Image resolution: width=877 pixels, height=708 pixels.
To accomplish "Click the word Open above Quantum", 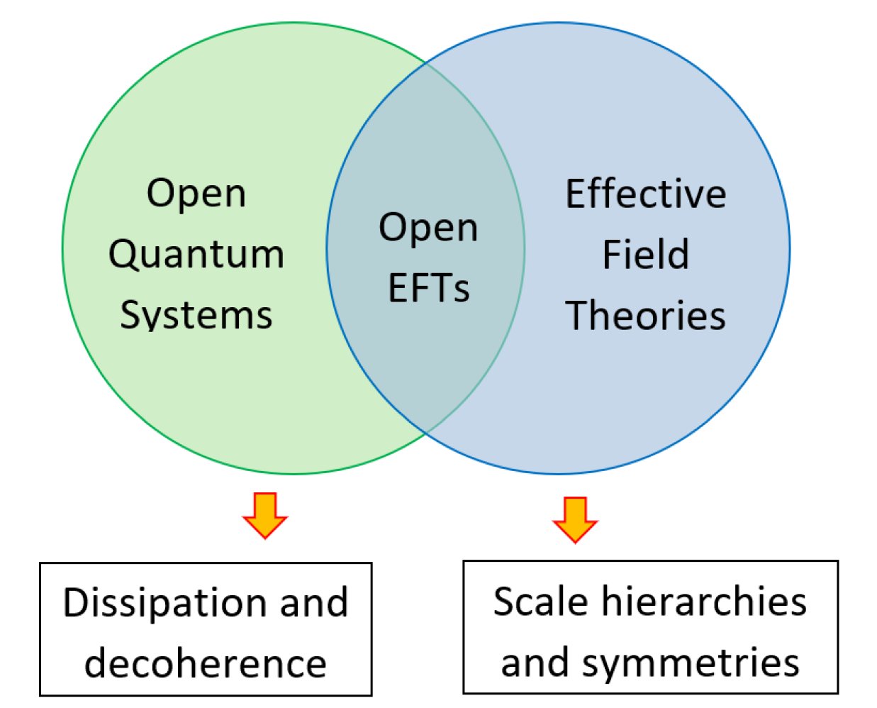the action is point(196,194).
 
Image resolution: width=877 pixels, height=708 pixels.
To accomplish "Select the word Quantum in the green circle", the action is point(196,255).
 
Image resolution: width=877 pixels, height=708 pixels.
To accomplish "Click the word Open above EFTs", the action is point(428,229).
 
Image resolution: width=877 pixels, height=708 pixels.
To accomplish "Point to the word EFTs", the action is point(429,288).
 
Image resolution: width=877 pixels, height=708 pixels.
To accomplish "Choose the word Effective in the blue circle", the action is point(646,194).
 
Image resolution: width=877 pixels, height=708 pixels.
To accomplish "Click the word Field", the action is point(646,254).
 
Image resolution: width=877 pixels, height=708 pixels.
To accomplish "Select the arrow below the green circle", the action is point(265,516).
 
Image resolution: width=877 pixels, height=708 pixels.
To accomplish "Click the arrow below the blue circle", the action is point(575,520).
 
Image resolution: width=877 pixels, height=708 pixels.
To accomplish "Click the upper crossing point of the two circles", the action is point(426,64).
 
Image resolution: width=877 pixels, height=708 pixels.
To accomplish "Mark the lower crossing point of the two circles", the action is point(426,432).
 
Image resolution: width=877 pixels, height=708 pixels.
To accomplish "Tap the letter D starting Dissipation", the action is point(75,602).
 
